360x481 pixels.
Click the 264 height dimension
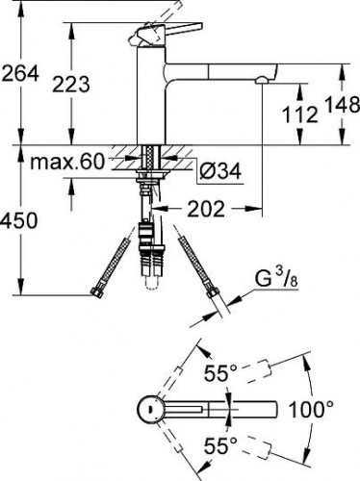coord(20,74)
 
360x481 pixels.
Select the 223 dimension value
coord(71,85)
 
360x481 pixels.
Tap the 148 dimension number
coord(343,105)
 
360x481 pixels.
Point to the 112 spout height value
coord(300,114)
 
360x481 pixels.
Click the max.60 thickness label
coord(67,162)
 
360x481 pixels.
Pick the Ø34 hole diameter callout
coord(220,170)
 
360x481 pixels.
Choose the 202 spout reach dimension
coord(206,209)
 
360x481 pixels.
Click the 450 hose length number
coord(19,220)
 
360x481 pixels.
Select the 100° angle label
coord(311,409)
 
